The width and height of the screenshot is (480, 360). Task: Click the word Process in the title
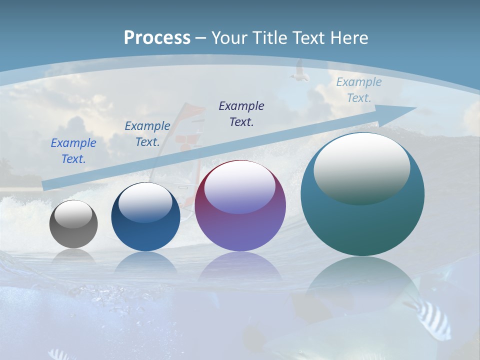click(x=157, y=38)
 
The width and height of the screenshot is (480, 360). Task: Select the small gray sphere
click(x=73, y=224)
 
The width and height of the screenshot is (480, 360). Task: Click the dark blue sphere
click(x=145, y=217)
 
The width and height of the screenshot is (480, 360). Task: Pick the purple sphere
click(x=240, y=206)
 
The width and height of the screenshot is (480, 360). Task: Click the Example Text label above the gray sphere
click(x=73, y=151)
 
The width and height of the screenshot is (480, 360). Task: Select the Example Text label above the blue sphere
click(x=147, y=134)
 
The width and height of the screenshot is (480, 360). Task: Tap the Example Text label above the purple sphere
click(x=241, y=113)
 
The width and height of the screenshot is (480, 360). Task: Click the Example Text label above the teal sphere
click(x=358, y=90)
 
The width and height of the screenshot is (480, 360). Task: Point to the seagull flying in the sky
click(x=299, y=71)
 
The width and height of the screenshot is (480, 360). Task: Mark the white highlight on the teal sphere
click(x=361, y=169)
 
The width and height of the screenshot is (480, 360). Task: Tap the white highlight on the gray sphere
click(x=73, y=214)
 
